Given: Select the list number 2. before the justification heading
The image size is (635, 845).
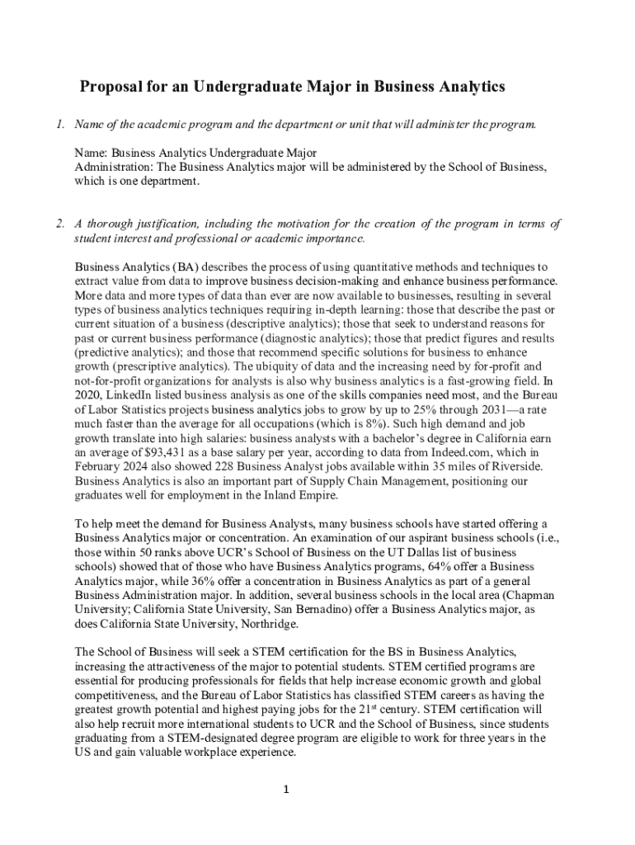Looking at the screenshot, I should coord(60,224).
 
